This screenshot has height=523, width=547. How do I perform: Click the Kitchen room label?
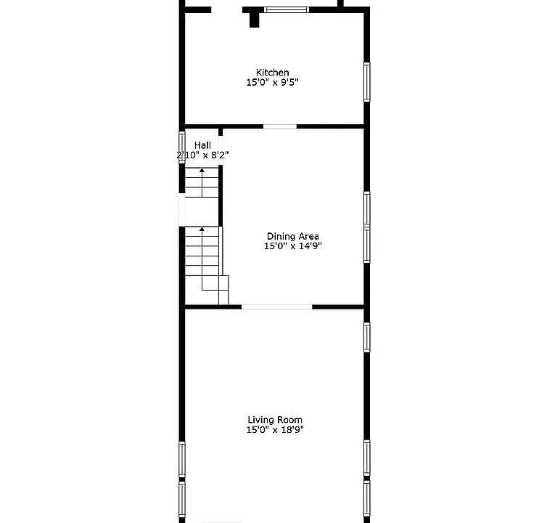(273, 73)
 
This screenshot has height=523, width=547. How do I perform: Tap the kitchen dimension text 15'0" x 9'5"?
(273, 83)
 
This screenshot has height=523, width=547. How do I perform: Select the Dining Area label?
(292, 236)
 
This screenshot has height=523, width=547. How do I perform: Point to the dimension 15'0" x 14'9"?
(292, 246)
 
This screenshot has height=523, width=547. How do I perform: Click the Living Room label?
(275, 420)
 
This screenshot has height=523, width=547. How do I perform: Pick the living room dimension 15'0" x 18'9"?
(275, 430)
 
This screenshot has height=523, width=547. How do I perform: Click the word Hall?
(202, 145)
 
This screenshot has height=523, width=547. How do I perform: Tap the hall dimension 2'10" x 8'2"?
(202, 155)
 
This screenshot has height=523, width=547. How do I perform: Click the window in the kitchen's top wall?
(287, 9)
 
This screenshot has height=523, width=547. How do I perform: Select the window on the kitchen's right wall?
(367, 82)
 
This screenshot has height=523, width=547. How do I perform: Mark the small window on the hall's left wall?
(182, 147)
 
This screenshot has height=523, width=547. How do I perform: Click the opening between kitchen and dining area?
(280, 126)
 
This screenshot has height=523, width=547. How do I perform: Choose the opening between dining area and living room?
(277, 307)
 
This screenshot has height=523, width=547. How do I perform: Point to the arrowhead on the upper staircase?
(202, 170)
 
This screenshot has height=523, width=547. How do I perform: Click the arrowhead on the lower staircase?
(202, 229)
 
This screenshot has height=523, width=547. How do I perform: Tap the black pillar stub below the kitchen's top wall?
(255, 20)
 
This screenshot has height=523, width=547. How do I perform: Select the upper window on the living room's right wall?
(367, 337)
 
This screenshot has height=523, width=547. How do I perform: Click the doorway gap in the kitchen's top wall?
(227, 9)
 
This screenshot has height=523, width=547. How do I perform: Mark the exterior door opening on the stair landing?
(182, 210)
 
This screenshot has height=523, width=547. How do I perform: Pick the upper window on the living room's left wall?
(182, 459)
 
